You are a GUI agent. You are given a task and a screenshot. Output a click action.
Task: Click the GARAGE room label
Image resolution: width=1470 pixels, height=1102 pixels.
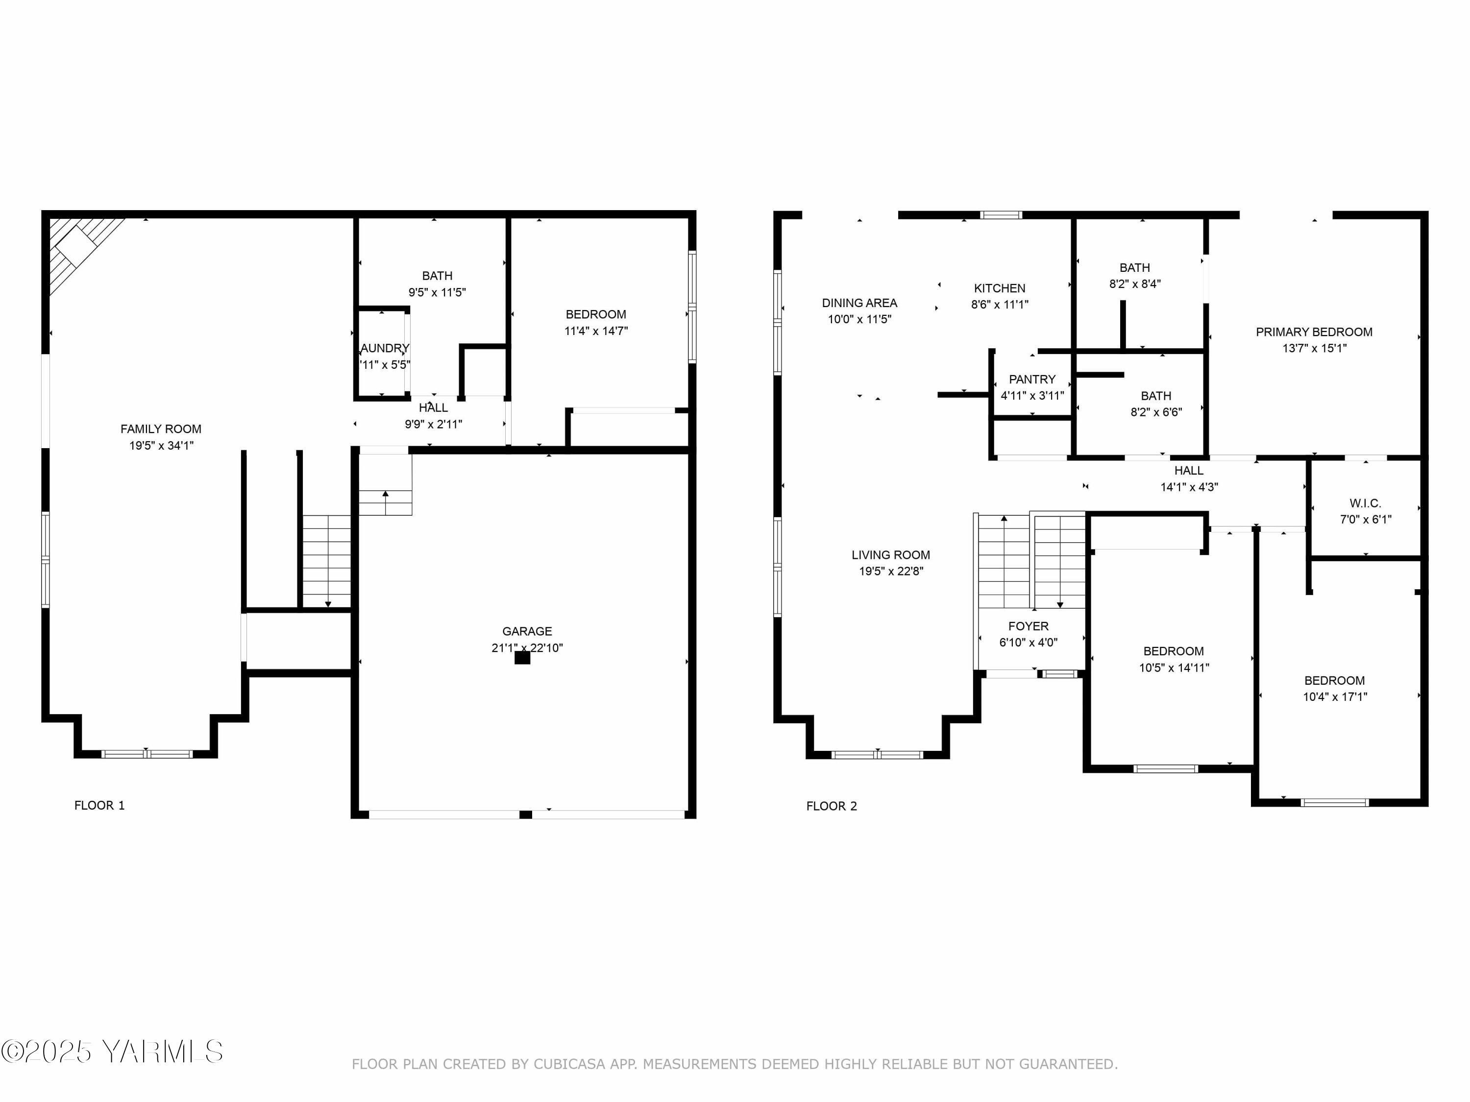pyautogui.click(x=526, y=631)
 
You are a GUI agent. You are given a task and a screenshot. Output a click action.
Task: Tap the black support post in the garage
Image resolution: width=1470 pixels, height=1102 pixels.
pyautogui.click(x=522, y=658)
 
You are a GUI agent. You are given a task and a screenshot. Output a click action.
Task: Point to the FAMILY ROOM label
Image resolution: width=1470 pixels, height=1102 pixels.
pyautogui.click(x=161, y=429)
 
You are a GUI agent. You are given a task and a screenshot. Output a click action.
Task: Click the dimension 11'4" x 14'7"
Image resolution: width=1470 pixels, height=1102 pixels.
pyautogui.click(x=596, y=331)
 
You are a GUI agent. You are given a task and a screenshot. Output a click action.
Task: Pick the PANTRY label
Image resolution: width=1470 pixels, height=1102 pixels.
pyautogui.click(x=1032, y=379)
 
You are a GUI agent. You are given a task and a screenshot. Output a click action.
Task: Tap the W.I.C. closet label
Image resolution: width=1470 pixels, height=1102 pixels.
pyautogui.click(x=1365, y=503)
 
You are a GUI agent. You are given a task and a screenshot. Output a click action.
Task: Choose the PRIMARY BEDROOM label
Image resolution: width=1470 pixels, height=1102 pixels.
pyautogui.click(x=1314, y=332)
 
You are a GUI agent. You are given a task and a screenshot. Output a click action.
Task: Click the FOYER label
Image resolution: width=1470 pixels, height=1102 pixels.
pyautogui.click(x=1028, y=626)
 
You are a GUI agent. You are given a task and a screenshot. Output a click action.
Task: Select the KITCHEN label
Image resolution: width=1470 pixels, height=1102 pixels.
pyautogui.click(x=1000, y=288)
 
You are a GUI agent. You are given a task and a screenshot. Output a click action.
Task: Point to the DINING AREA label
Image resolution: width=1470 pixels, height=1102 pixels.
pyautogui.click(x=859, y=303)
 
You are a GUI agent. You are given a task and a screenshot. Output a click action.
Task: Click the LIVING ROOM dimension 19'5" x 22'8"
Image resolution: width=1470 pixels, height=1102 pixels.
pyautogui.click(x=890, y=571)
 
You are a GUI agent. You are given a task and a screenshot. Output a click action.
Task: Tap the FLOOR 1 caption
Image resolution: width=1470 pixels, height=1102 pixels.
pyautogui.click(x=99, y=805)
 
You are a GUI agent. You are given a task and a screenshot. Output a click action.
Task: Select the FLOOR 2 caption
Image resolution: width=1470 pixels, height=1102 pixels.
pyautogui.click(x=832, y=806)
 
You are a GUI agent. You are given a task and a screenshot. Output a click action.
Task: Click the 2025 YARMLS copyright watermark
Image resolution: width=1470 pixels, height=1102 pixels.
pyautogui.click(x=112, y=1052)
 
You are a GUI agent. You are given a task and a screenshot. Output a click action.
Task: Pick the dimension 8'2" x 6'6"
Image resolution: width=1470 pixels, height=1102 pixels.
pyautogui.click(x=1156, y=412)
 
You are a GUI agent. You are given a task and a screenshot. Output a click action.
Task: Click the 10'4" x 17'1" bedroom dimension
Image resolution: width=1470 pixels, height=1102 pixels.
pyautogui.click(x=1334, y=697)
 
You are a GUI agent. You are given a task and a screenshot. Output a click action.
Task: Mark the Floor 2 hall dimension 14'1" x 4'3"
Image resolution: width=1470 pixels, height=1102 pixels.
pyautogui.click(x=1189, y=487)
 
